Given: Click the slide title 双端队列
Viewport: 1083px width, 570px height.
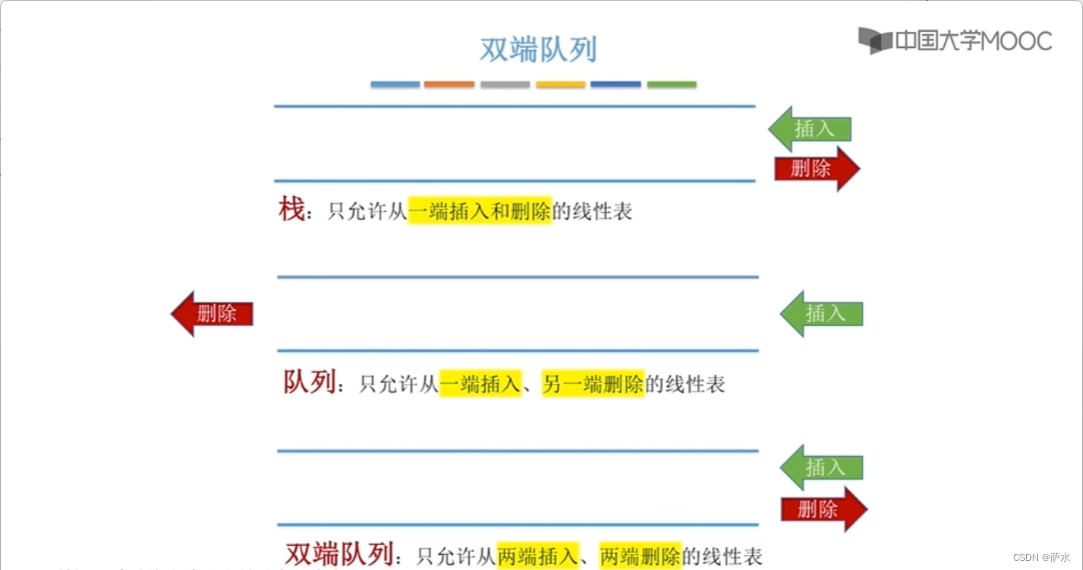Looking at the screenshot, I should point(538,49).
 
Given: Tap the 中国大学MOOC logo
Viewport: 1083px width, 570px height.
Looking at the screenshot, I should point(955,40).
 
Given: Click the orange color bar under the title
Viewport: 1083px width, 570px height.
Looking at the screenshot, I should point(449,85).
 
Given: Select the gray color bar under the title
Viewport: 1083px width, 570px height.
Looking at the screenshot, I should point(505,85).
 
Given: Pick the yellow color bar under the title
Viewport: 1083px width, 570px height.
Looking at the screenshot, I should point(560,85).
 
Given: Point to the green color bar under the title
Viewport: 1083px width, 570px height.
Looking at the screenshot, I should point(672,85).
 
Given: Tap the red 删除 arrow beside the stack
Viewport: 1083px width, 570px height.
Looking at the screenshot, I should point(817,168).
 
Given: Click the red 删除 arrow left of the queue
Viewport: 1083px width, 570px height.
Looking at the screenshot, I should point(212,314).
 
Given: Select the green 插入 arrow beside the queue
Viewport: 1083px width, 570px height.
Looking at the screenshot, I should point(822,314).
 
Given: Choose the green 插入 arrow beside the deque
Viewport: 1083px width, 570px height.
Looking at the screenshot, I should point(822,468).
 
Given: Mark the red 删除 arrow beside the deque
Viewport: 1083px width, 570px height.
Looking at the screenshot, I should point(823,509).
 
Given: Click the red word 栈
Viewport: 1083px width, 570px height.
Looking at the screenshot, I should point(291,210).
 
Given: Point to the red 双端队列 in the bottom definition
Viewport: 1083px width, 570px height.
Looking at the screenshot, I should point(339,553).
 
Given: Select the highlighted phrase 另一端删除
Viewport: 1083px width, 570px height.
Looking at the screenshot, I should point(593,385).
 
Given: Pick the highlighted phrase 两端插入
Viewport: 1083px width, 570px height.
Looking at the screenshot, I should point(538,555).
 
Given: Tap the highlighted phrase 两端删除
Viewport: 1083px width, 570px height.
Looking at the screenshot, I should point(640,555).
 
